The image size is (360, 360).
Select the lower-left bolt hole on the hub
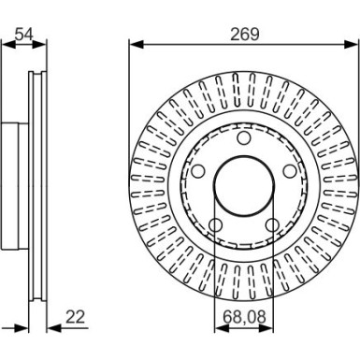pos(214,225)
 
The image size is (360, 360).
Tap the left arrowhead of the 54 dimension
pos(5,44)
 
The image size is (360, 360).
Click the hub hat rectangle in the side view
pos(11,183)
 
